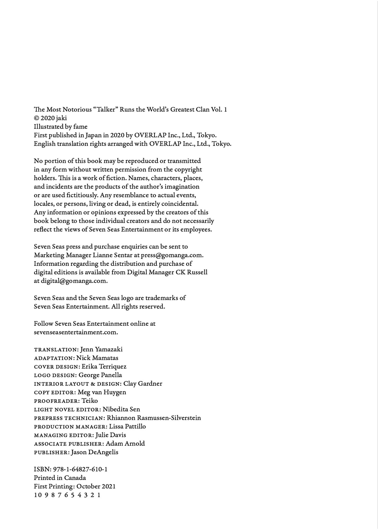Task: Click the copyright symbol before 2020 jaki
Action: pos(36,118)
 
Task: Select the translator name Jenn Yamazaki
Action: pos(101,349)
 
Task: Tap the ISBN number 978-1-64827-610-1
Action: pos(80,469)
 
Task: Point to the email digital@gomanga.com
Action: pos(74,281)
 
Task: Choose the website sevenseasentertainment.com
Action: pos(76,332)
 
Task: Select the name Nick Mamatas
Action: pos(97,358)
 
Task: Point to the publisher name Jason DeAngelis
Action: pos(95,452)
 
